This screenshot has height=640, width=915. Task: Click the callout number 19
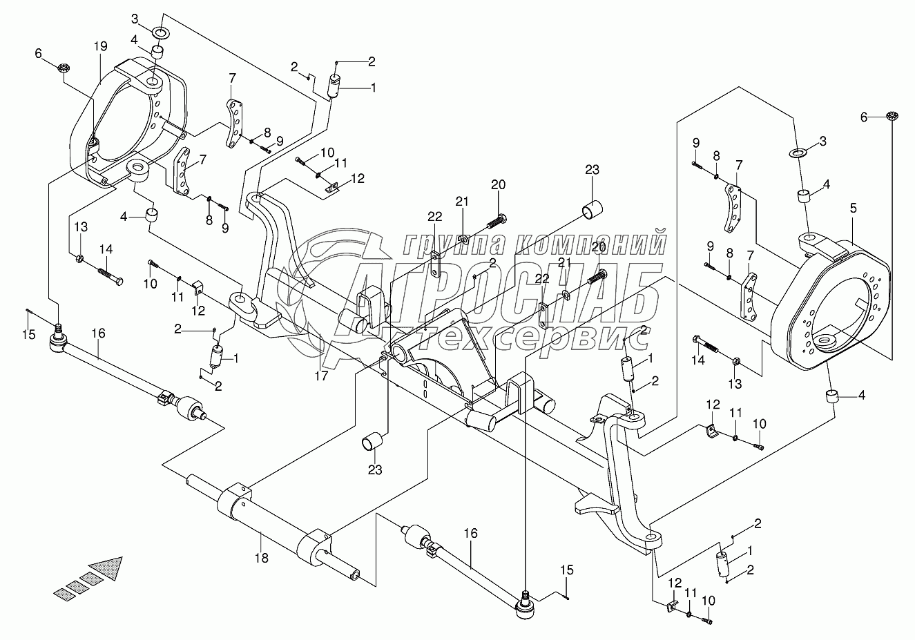click(x=100, y=46)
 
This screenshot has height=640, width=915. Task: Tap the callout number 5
click(x=854, y=209)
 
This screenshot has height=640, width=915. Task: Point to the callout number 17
click(x=322, y=376)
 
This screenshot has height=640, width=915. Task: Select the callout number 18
click(x=262, y=558)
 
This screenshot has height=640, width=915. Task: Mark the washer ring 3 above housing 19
click(x=161, y=32)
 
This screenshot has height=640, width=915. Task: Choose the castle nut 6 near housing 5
click(x=892, y=117)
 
